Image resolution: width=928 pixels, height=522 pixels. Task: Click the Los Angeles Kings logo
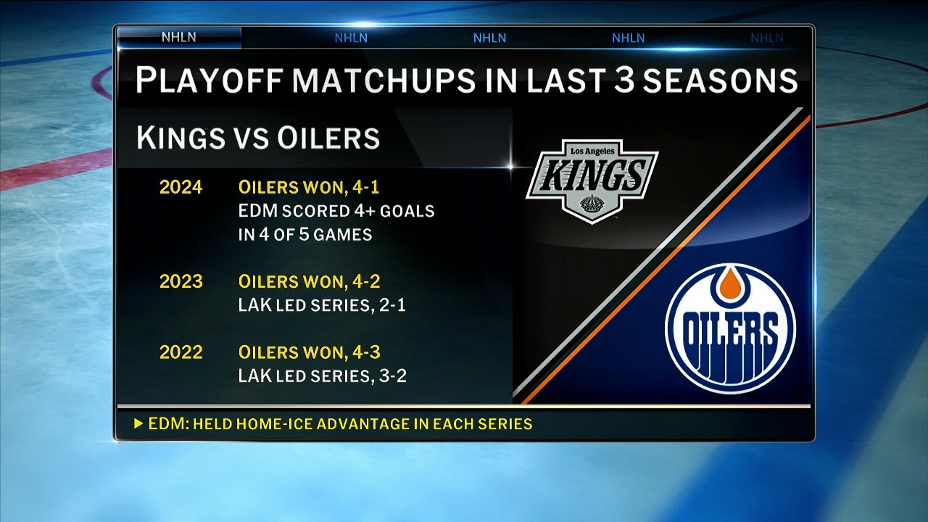tap(592, 180)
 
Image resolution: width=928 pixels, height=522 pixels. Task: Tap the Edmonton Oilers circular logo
tap(730, 328)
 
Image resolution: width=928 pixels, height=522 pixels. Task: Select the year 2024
tap(181, 188)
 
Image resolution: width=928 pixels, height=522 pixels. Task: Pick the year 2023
tap(181, 281)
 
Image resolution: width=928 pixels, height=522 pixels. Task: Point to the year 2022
tap(181, 352)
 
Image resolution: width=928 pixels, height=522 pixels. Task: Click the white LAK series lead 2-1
tap(392, 305)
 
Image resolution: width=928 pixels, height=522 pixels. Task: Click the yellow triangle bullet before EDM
tap(138, 424)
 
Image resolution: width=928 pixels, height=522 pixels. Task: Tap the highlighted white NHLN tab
tap(178, 38)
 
